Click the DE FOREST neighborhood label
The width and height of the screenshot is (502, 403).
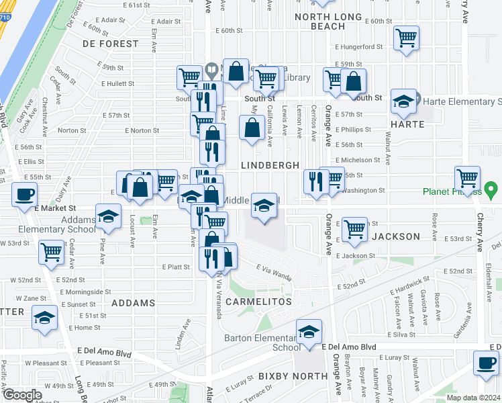[x=110, y=44]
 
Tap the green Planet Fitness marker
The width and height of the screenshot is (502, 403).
[x=491, y=189]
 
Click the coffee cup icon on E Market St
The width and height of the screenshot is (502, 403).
[x=25, y=195]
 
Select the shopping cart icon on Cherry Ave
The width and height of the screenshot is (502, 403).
[x=467, y=178]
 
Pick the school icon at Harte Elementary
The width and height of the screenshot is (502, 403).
[x=403, y=101]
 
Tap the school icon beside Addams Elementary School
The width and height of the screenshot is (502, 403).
[x=106, y=216]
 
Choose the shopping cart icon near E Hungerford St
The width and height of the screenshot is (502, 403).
[x=406, y=38]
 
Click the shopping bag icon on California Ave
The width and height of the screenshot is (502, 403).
[x=252, y=127]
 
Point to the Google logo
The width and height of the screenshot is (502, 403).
[x=22, y=395]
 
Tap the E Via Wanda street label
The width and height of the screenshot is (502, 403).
[x=273, y=272]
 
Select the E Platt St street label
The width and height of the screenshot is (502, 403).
[x=176, y=267]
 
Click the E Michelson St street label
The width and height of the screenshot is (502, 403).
[x=358, y=160]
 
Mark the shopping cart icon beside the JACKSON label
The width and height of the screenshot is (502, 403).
[x=354, y=229]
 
